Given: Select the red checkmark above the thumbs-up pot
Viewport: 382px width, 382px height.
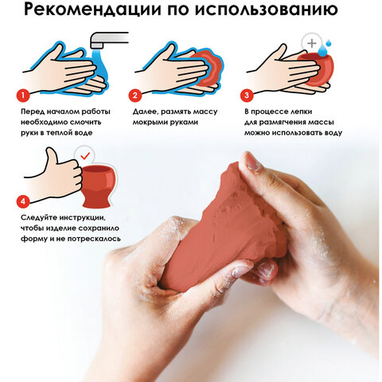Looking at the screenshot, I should (82, 157).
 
